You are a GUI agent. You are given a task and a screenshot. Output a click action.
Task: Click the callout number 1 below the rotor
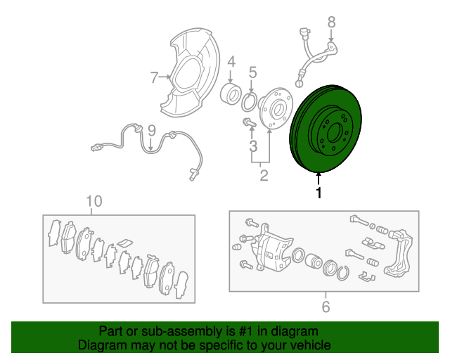tap(319, 193)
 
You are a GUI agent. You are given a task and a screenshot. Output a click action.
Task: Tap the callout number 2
tap(264, 175)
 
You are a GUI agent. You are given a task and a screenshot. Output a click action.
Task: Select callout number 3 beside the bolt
tap(253, 146)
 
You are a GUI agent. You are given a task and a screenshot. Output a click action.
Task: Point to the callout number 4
tap(231, 62)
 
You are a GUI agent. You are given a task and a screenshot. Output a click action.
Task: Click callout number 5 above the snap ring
tap(252, 72)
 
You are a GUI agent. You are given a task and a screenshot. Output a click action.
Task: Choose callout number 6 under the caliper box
tap(326, 307)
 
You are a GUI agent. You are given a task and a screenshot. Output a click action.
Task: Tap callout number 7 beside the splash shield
tap(155, 77)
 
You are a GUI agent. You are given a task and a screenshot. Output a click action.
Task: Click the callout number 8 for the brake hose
tap(331, 22)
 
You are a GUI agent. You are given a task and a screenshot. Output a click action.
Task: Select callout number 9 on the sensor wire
tap(152, 130)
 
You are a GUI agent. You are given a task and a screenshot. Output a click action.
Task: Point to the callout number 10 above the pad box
tap(94, 201)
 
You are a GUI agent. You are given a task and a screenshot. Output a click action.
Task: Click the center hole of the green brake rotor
tap(333, 132)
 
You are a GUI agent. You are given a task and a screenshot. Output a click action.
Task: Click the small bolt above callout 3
tap(249, 123)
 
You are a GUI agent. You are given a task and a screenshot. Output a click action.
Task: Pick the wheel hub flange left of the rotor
tap(276, 108)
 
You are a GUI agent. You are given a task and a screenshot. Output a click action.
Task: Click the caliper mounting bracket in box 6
tap(399, 251)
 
